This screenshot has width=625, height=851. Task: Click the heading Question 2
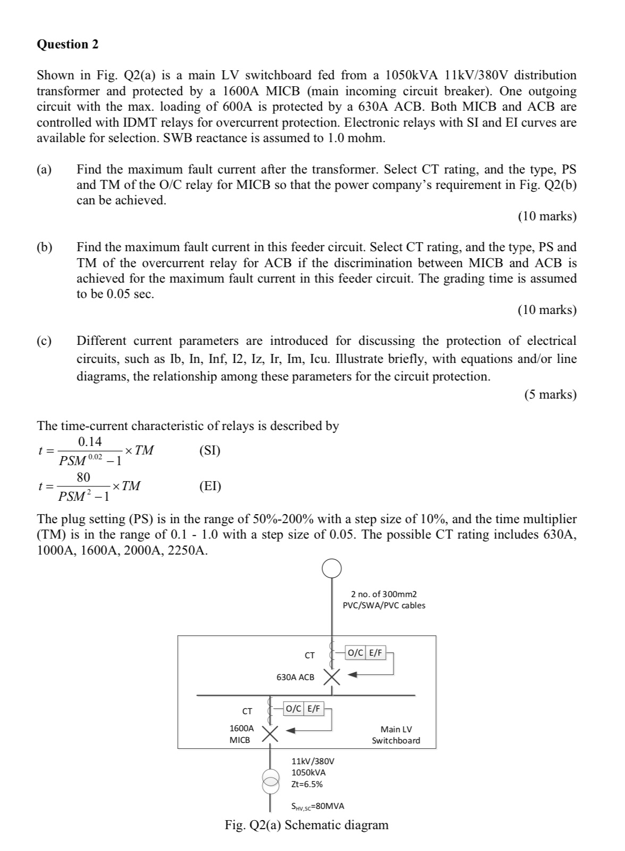point(68,44)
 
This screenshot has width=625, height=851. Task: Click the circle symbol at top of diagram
point(331,568)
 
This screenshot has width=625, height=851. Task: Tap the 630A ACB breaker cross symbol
point(332,677)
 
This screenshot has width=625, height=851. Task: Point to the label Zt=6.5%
point(307,783)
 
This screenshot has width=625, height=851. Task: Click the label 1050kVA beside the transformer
point(309,772)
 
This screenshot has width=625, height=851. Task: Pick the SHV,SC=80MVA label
point(318,806)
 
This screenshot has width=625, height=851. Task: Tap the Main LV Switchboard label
point(396,734)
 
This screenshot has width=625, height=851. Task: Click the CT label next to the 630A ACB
point(310,655)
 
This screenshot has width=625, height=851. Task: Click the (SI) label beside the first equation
point(210,451)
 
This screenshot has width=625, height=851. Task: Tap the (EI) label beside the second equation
point(210,486)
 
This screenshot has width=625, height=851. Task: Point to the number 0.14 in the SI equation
point(90,442)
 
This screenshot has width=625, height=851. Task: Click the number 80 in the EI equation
point(84,477)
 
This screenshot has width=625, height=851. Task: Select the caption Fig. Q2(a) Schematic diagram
point(306,825)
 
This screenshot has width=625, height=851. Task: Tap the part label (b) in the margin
point(45,247)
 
